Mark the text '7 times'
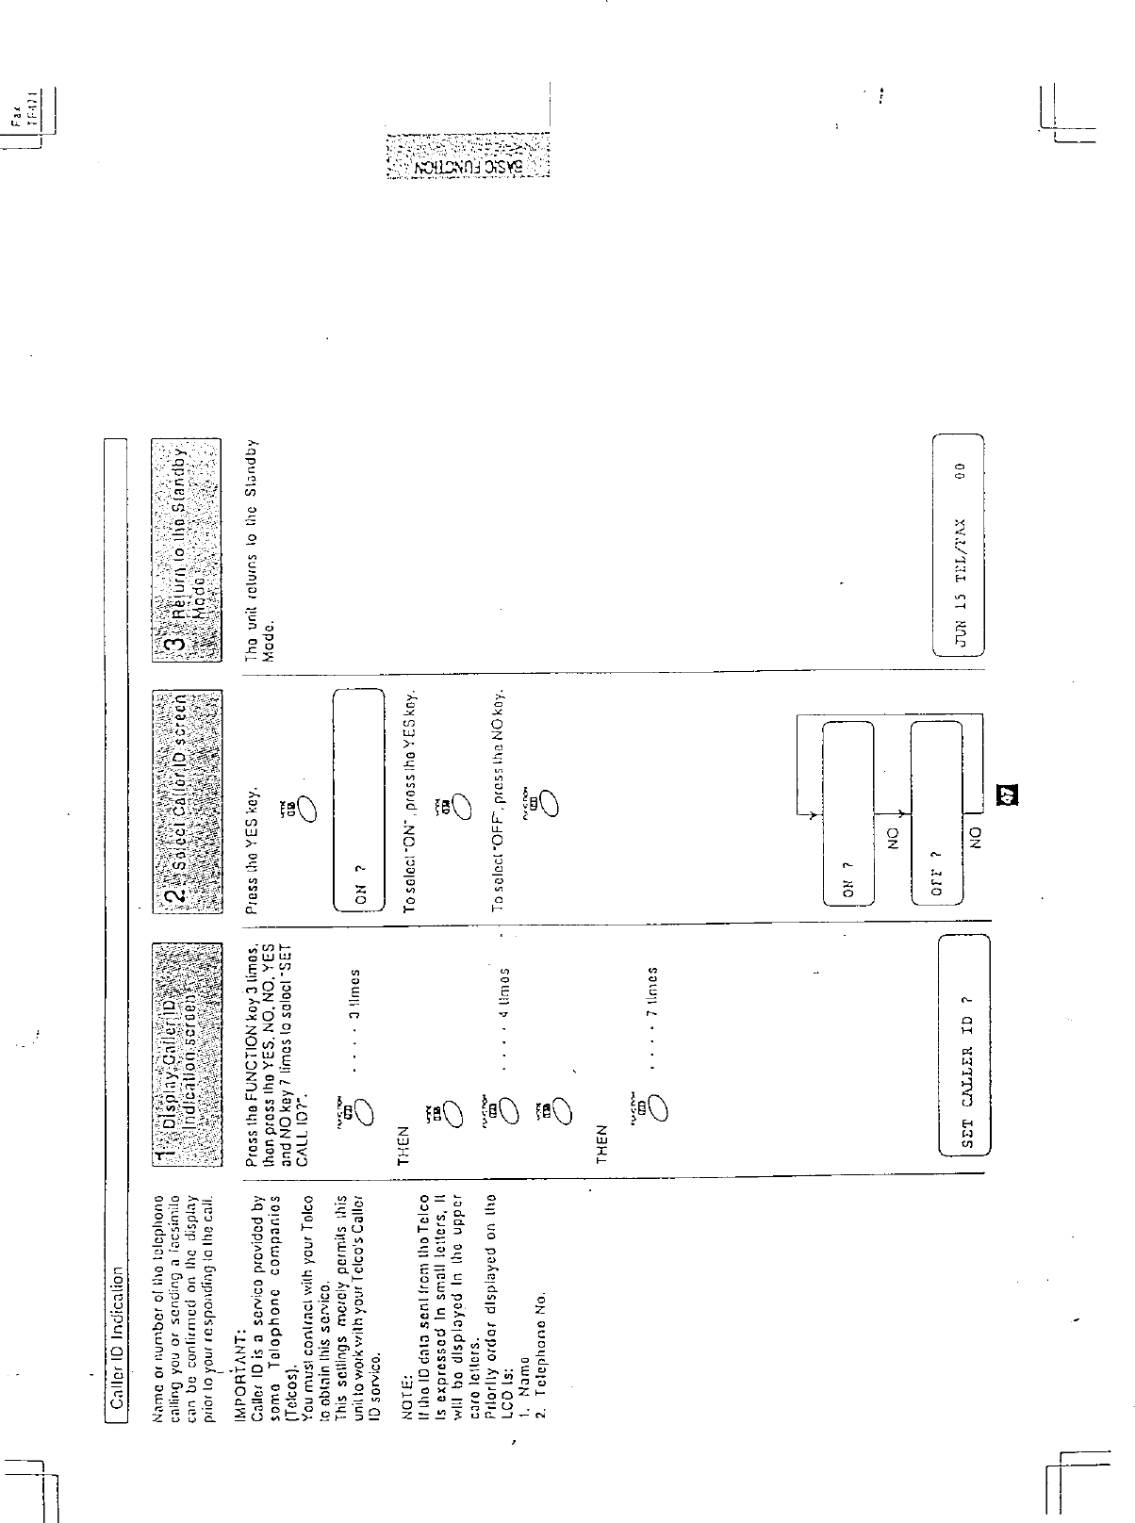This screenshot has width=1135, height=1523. point(650,995)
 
